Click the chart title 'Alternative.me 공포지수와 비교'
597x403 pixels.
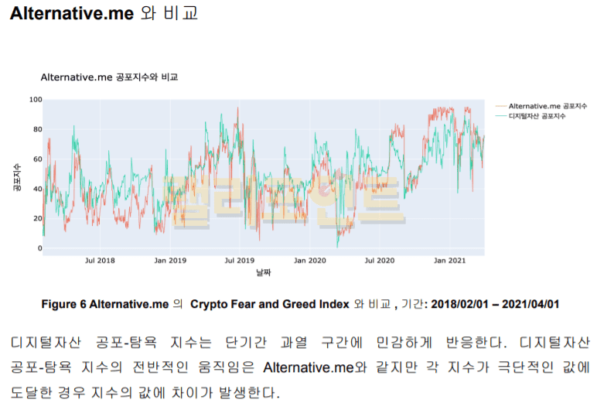click(109, 78)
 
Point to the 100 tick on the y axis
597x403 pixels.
click(36, 99)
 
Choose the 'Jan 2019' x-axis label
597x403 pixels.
click(169, 261)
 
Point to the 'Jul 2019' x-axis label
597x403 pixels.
click(239, 261)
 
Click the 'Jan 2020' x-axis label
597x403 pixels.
click(310, 261)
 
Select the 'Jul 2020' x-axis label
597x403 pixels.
click(380, 261)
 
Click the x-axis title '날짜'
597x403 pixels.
click(264, 273)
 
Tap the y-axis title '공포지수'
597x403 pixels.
click(16, 176)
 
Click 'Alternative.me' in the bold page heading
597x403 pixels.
click(72, 14)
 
